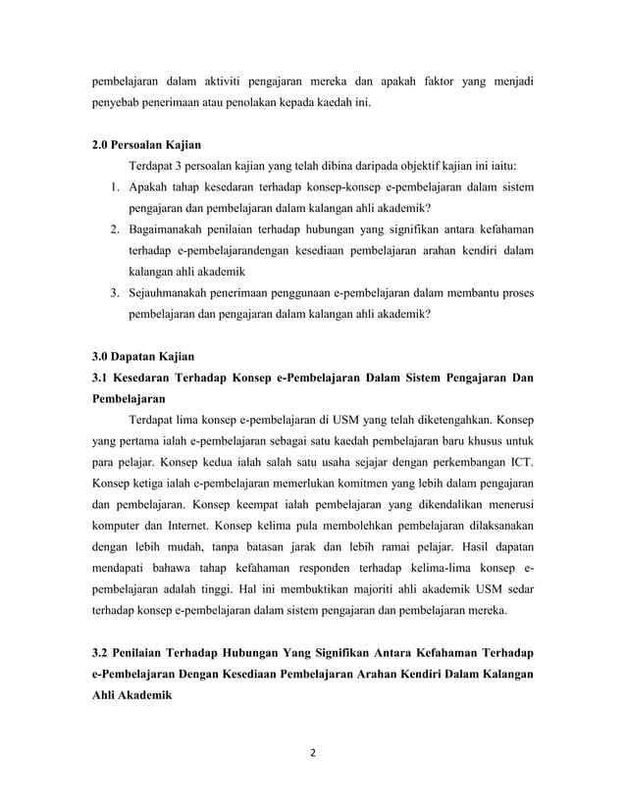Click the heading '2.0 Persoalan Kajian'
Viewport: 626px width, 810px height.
[146, 145]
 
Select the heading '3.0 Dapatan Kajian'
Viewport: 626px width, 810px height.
[140, 357]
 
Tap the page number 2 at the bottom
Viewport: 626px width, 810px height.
[312, 756]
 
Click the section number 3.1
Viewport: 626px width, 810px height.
[98, 379]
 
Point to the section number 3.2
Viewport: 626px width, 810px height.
[98, 653]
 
